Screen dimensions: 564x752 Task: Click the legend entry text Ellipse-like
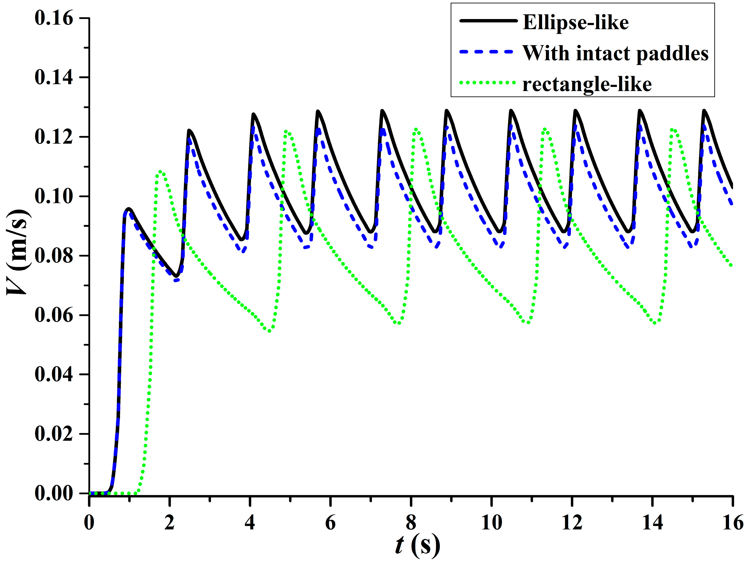(x=575, y=22)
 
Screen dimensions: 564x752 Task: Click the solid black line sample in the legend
(x=488, y=21)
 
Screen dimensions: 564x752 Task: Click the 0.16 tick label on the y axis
(x=54, y=18)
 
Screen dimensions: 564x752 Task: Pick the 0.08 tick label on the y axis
(x=54, y=256)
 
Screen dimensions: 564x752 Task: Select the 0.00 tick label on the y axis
(x=54, y=493)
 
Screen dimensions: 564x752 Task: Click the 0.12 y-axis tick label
(x=54, y=137)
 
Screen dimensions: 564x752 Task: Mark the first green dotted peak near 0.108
(x=161, y=172)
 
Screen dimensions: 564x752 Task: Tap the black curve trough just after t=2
(x=176, y=276)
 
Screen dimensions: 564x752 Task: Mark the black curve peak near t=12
(x=575, y=111)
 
